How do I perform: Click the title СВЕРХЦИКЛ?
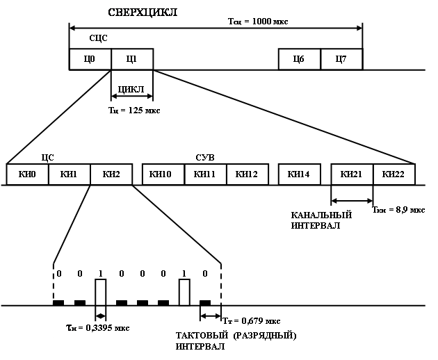[143, 13]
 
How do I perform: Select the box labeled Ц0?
[90, 59]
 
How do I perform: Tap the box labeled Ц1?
[132, 59]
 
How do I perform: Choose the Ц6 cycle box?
[300, 59]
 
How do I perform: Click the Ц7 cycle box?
[341, 59]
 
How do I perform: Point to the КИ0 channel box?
[27, 174]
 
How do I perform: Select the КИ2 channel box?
[111, 174]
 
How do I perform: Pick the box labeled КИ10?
[163, 174]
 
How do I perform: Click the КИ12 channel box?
[248, 174]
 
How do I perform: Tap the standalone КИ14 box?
[300, 174]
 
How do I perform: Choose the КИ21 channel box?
[352, 174]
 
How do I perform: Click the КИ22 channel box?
[394, 174]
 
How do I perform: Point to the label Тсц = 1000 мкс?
[258, 22]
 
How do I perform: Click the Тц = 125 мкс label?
[134, 111]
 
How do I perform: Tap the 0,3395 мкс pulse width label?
[98, 327]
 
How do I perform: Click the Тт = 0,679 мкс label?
[252, 321]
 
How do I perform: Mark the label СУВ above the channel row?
[205, 158]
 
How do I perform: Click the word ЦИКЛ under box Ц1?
[131, 89]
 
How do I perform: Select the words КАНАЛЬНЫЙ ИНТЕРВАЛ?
[321, 220]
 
